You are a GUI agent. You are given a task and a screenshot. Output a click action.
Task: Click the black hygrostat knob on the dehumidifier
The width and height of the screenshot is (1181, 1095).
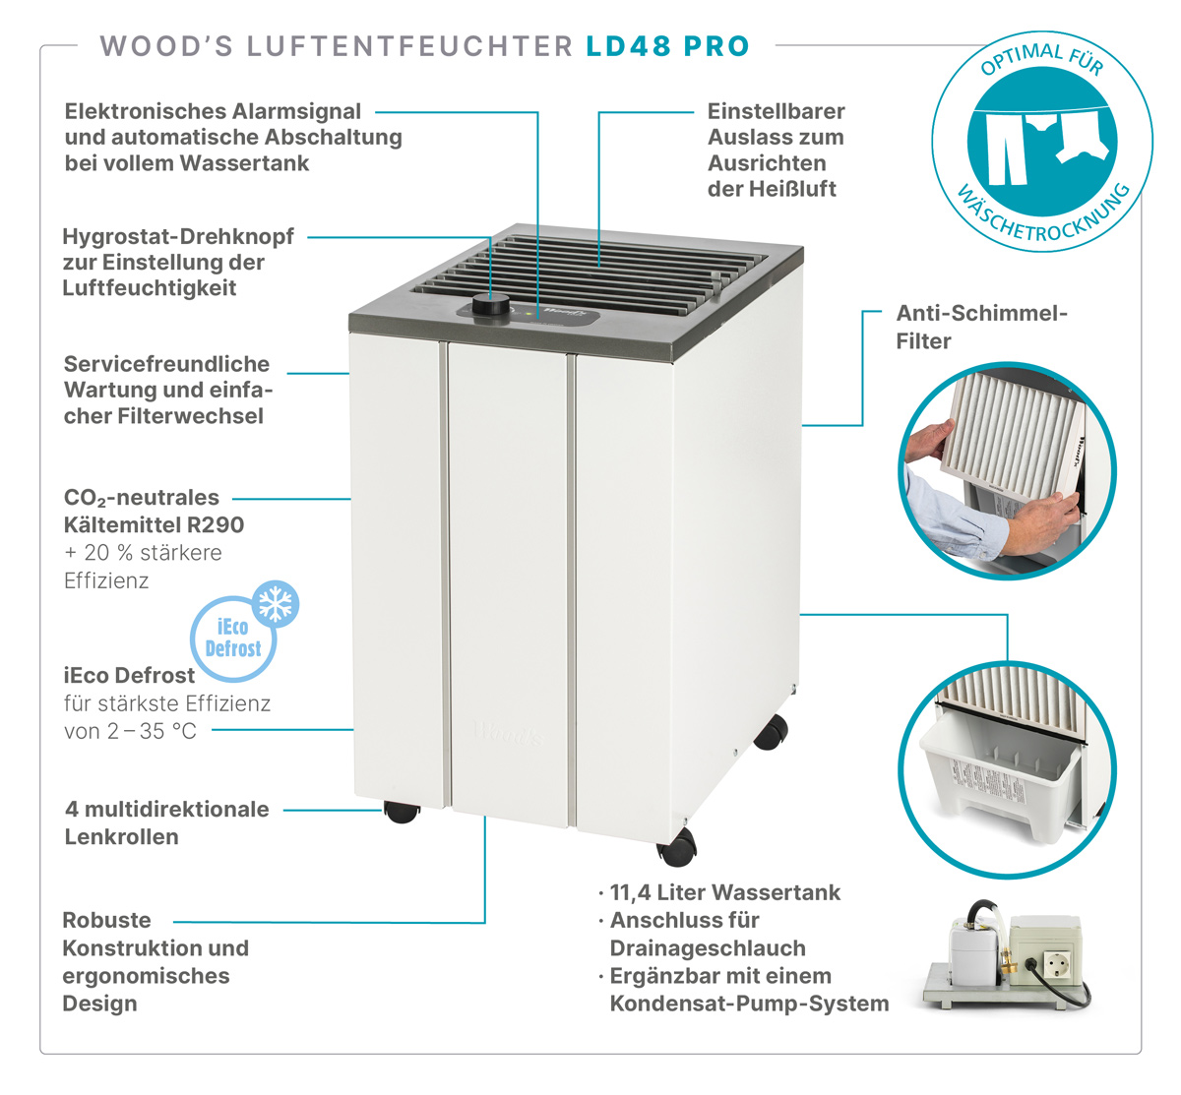[490, 306]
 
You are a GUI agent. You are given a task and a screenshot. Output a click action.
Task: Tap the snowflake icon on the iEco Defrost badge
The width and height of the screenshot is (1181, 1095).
[275, 604]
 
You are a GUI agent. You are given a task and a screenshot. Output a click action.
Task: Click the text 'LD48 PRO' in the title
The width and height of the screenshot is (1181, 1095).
[667, 46]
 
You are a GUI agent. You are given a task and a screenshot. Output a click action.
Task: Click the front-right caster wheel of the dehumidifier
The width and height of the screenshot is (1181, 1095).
[677, 846]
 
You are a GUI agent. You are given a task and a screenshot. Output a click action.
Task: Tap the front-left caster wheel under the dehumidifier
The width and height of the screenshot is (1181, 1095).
[402, 812]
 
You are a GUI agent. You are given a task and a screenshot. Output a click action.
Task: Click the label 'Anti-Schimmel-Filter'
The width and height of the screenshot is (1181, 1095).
[981, 327]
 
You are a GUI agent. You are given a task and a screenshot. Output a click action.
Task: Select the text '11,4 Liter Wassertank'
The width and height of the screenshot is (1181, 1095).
[725, 892]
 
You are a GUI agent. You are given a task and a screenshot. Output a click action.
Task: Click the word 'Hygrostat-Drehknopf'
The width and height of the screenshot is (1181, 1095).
[178, 236]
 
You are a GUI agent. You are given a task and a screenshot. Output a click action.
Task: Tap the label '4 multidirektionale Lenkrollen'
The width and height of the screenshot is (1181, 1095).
[166, 822]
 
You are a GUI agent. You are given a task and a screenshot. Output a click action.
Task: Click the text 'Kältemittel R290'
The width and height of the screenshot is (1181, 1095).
[154, 525]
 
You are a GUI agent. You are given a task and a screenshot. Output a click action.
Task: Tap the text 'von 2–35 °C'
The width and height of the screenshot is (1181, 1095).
[130, 731]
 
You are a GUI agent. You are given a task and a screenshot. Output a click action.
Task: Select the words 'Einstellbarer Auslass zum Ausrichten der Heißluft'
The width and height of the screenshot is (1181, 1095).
[777, 150]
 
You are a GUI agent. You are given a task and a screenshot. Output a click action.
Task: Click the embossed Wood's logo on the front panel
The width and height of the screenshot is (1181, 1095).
[509, 733]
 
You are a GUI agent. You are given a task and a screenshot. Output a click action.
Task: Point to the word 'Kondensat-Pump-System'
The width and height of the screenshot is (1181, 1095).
[749, 1004]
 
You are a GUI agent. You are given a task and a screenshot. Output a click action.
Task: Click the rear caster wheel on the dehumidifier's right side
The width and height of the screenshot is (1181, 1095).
[772, 732]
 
